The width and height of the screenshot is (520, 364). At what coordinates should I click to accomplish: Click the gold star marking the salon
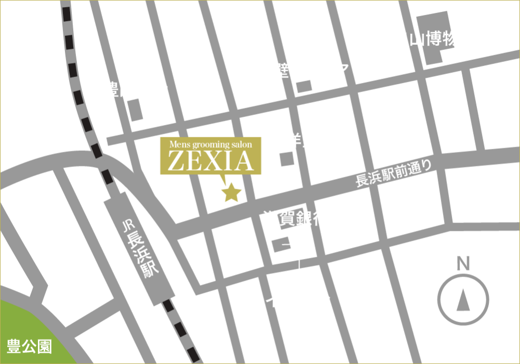point(231,193)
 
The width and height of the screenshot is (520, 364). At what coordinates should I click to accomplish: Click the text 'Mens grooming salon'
point(211,144)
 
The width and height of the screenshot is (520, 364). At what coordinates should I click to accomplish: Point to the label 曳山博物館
point(434,39)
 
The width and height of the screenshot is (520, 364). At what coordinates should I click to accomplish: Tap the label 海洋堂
point(293,140)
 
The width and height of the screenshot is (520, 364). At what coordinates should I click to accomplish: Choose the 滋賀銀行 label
point(296,219)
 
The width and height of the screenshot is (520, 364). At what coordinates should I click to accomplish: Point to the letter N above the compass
point(462,264)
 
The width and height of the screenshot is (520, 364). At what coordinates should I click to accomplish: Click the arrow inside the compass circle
point(463,301)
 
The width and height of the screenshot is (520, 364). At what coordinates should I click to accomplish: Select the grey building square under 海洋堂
point(287,159)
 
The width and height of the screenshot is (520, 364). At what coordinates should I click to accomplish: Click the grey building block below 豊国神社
point(135,110)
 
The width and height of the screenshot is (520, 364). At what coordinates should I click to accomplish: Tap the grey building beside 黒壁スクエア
point(304,86)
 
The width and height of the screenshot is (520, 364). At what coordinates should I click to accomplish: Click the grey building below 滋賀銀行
point(281,244)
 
